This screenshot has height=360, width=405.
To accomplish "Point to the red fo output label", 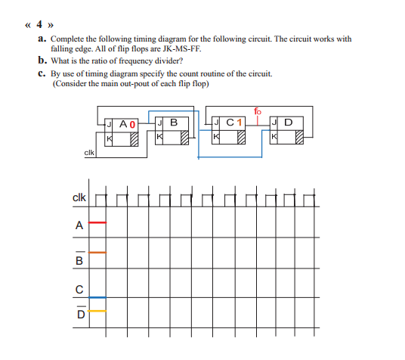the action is (x=257, y=112).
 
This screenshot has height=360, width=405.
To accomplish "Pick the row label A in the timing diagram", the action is (x=79, y=224).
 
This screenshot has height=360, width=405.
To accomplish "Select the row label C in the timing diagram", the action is (x=79, y=287).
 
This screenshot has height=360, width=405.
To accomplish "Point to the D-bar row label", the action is (x=79, y=313).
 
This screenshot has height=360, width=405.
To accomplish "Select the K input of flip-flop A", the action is (x=109, y=138).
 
